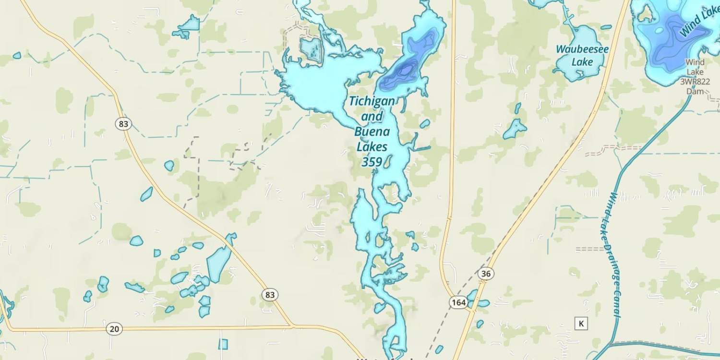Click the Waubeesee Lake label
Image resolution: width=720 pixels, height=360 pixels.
coord(582,55)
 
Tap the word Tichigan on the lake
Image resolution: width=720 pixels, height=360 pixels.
coord(372,101)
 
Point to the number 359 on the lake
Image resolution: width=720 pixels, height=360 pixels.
coord(372,162)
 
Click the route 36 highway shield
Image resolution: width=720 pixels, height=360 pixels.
coord(486,274)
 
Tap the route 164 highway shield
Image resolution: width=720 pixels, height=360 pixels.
coord(458,302)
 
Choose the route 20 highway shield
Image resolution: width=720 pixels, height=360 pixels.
coord(114,329)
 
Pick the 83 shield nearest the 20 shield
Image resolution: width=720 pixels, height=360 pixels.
coord(270,294)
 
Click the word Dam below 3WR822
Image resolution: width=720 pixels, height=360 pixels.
coord(695,91)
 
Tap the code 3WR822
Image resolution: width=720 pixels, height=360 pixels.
coord(695,82)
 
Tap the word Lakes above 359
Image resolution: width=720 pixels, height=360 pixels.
coord(372,147)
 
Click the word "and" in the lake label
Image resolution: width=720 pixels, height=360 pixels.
coord(372,116)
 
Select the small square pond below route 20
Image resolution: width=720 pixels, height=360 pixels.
coord(223,344)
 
